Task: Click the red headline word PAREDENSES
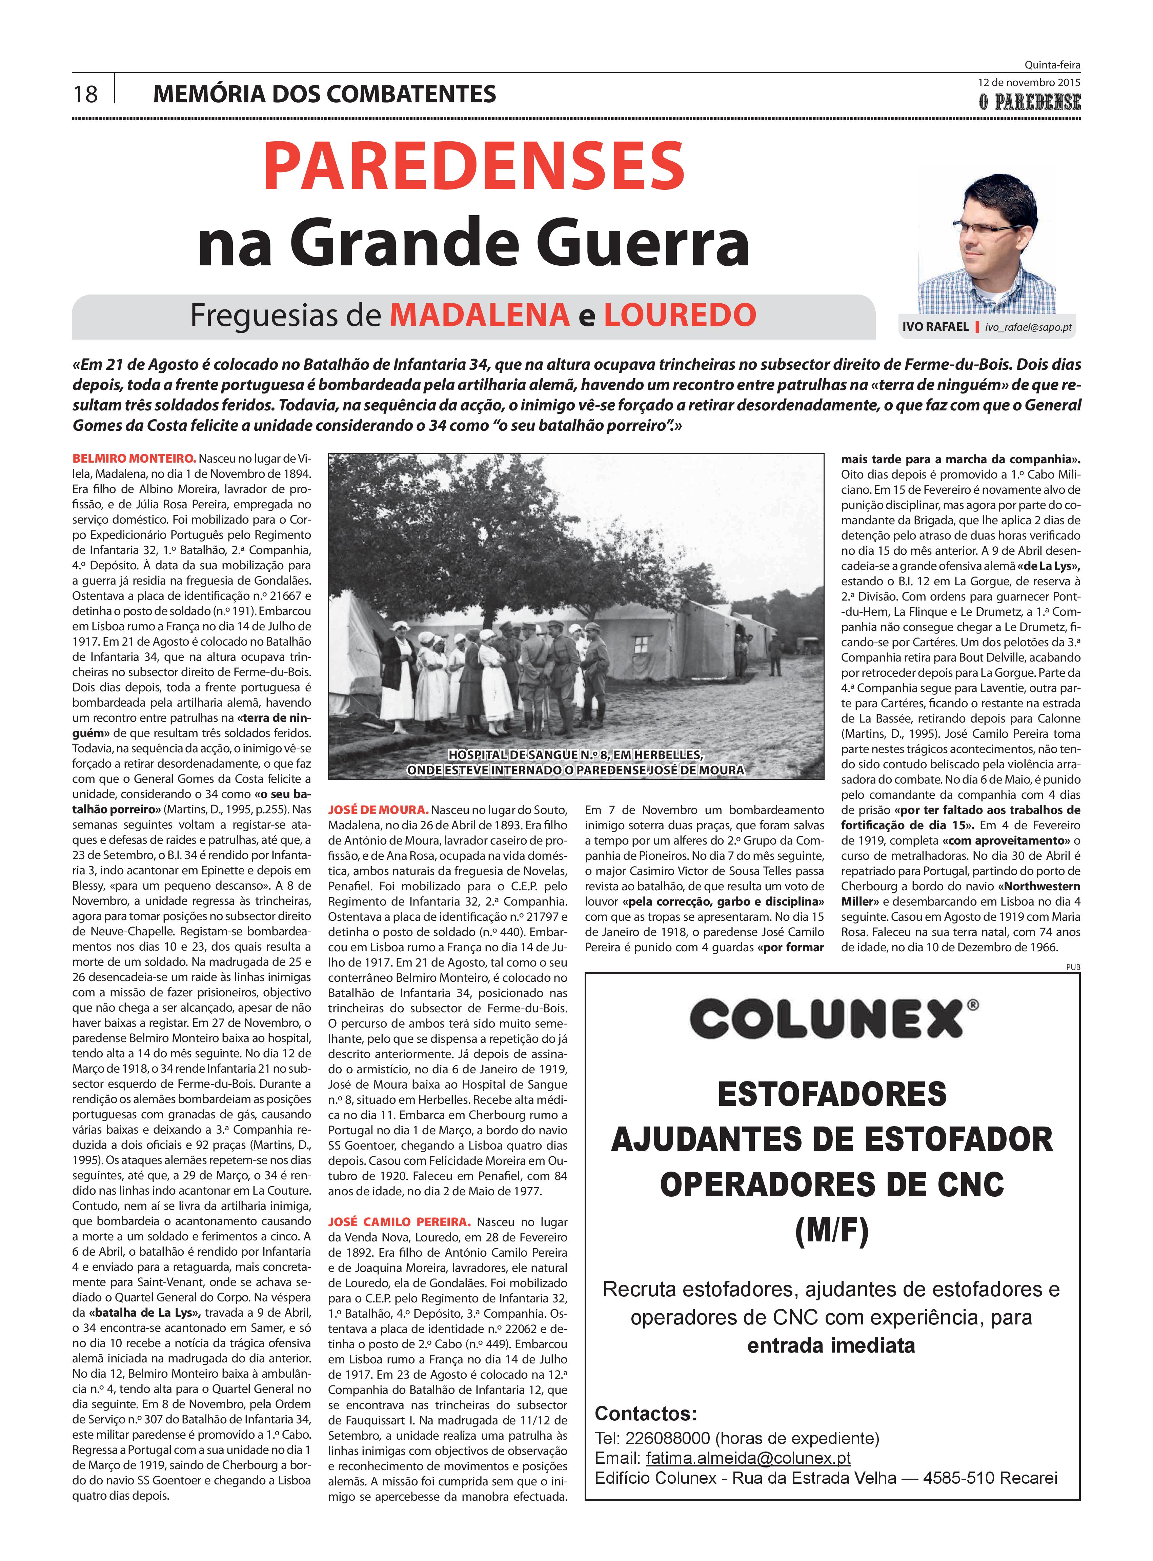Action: point(474,167)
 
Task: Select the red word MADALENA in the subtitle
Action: point(480,315)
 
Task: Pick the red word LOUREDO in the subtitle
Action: point(680,315)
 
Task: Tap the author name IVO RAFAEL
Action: point(935,327)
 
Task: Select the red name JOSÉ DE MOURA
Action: point(378,809)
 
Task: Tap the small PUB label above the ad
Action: point(1073,967)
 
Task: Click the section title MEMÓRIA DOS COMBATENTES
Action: point(325,94)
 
